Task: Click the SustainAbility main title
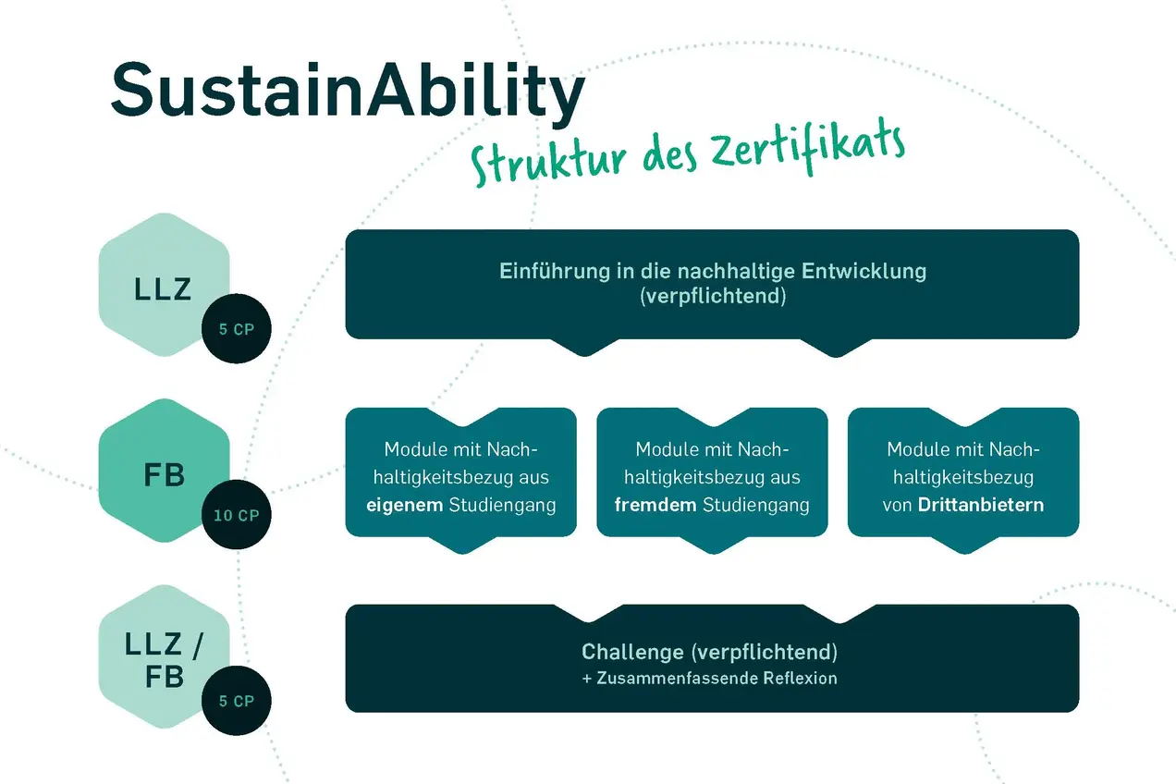pyautogui.click(x=347, y=90)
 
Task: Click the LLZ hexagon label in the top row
pyautogui.click(x=163, y=289)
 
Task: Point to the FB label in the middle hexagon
pyautogui.click(x=165, y=475)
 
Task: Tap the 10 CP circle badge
pyautogui.click(x=237, y=515)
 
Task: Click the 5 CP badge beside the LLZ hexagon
pyautogui.click(x=237, y=330)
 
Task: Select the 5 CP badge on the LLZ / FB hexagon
pyautogui.click(x=237, y=701)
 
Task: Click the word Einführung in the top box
pyautogui.click(x=542, y=272)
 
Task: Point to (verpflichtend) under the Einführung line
pyautogui.click(x=712, y=296)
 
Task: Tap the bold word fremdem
pyautogui.click(x=656, y=506)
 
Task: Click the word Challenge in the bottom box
pyautogui.click(x=632, y=652)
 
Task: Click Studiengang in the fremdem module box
pyautogui.click(x=756, y=506)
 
